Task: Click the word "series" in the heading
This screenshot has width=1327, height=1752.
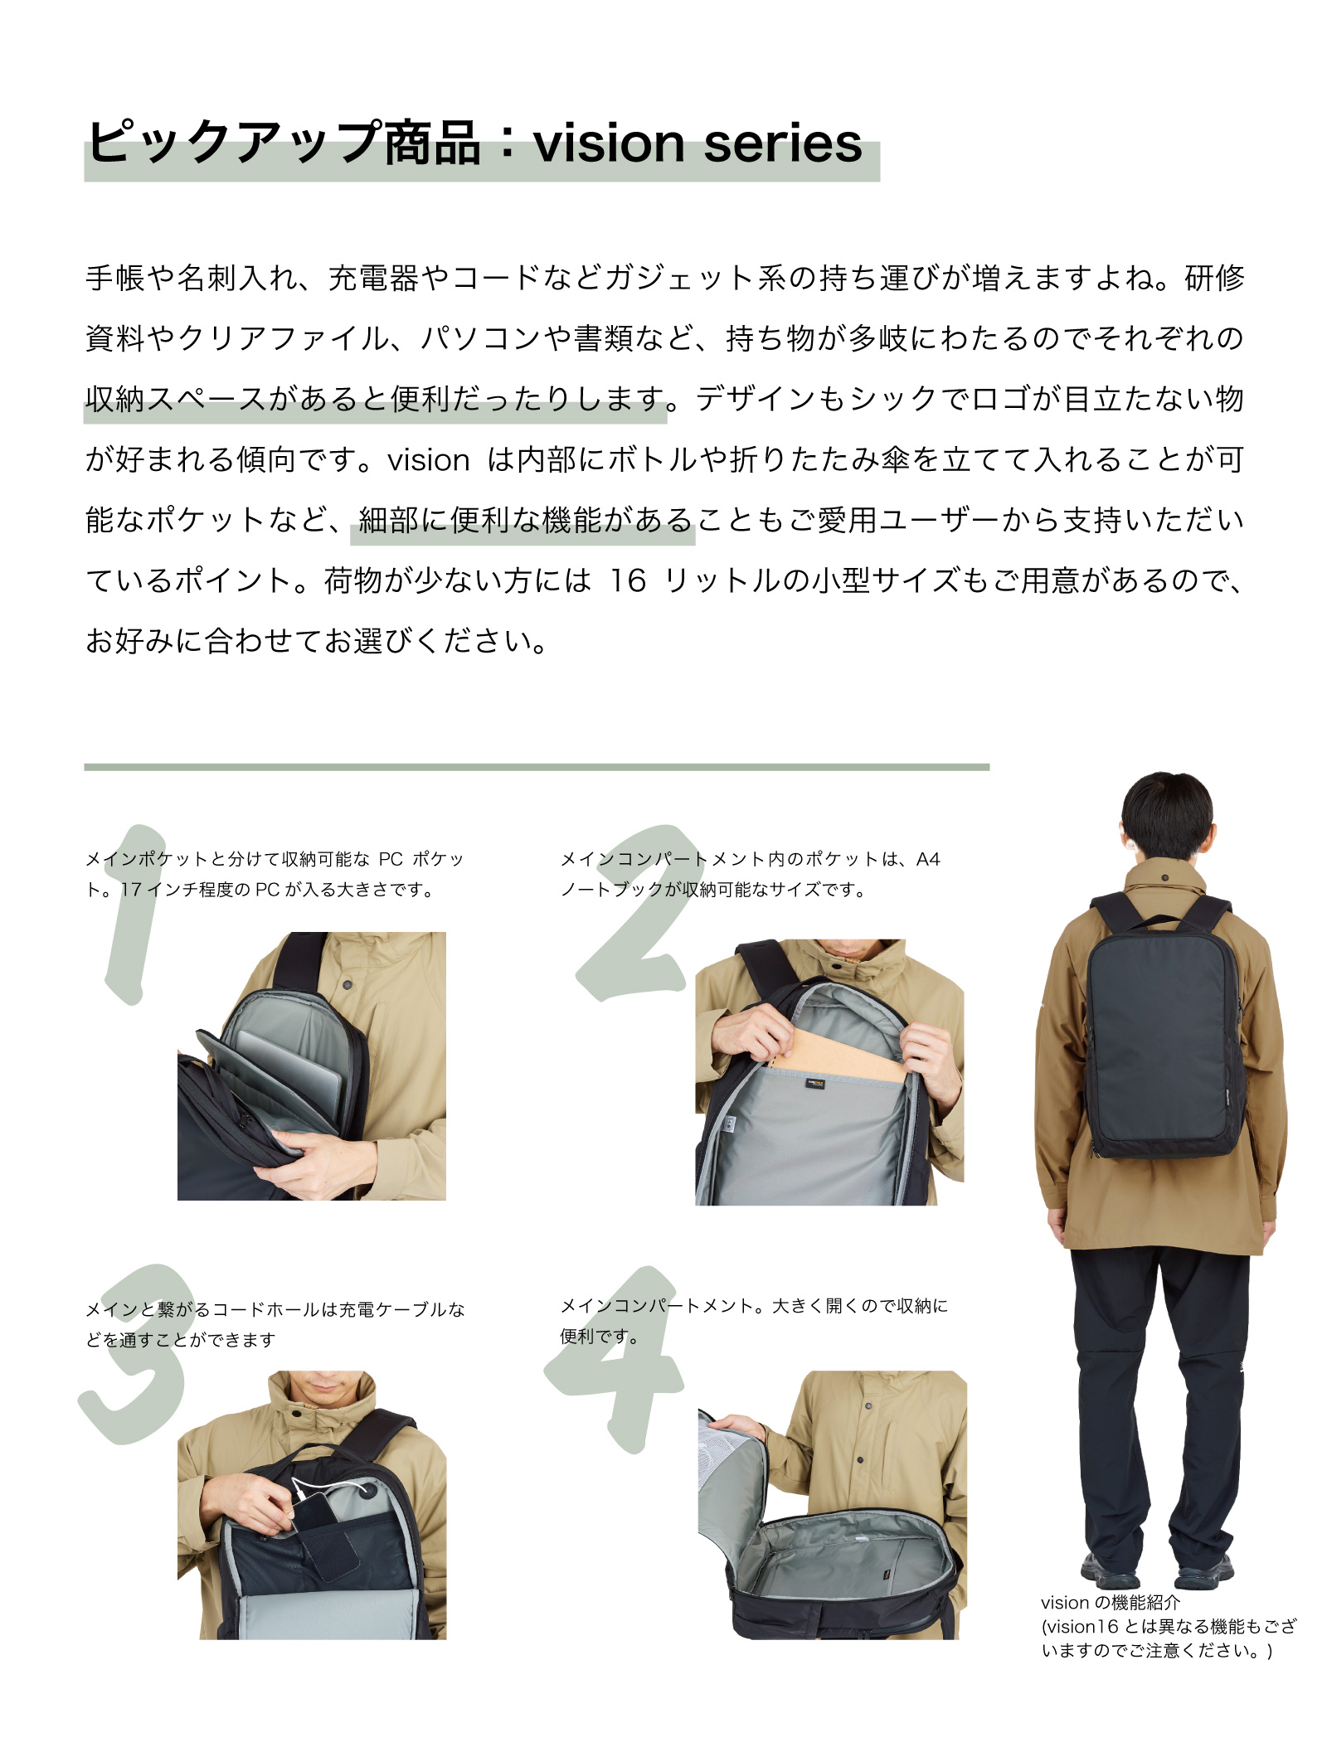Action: click(x=783, y=143)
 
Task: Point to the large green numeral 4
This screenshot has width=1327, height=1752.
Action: click(x=618, y=1360)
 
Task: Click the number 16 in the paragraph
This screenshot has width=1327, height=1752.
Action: click(x=628, y=580)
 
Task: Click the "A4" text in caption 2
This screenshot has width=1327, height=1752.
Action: click(x=928, y=859)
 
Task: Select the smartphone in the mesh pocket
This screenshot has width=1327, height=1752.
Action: click(x=328, y=1534)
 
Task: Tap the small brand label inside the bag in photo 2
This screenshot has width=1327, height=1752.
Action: click(x=815, y=1082)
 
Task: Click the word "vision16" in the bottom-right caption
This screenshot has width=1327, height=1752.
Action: click(x=1081, y=1626)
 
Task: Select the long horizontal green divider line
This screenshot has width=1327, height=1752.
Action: click(x=537, y=767)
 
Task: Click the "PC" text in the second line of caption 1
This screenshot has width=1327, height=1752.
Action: click(x=267, y=890)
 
